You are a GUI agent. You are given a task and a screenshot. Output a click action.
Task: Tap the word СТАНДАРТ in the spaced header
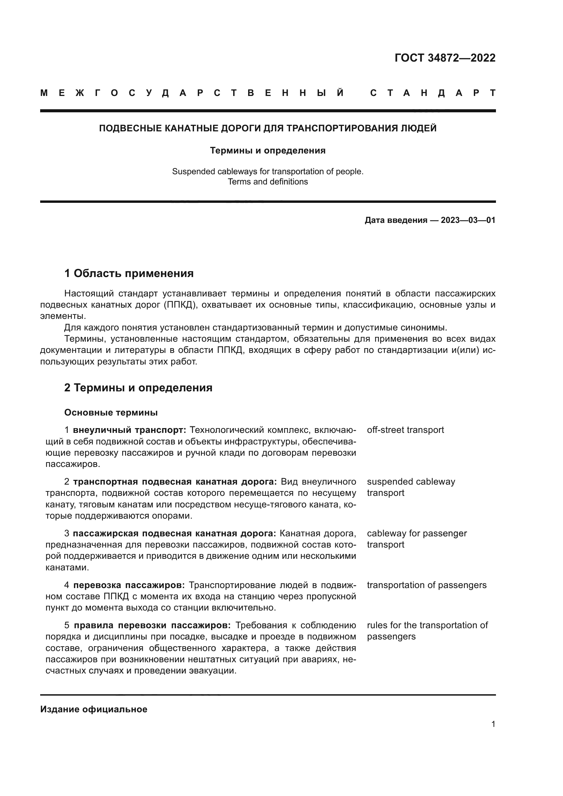click(433, 93)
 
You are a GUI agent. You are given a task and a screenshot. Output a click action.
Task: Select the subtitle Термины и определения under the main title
click(268, 150)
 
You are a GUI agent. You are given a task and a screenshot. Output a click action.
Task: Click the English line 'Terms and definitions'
click(268, 182)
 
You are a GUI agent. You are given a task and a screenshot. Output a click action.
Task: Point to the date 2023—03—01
click(468, 220)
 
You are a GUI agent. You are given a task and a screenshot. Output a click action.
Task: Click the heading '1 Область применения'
click(129, 274)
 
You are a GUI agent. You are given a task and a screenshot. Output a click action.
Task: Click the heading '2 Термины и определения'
click(138, 388)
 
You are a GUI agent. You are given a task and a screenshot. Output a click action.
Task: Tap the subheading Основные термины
click(111, 412)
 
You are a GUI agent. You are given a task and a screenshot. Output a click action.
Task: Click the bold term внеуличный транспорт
click(129, 430)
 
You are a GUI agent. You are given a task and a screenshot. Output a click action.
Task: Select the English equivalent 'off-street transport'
click(405, 430)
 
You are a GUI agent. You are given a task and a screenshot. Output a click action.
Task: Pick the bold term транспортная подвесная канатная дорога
click(175, 482)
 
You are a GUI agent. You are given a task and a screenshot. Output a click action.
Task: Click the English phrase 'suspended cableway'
click(411, 482)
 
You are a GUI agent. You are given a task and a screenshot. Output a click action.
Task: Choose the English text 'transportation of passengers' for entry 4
click(427, 585)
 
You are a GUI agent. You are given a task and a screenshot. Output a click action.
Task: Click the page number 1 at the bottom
click(493, 724)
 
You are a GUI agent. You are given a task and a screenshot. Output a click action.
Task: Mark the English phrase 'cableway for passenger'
click(417, 534)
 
